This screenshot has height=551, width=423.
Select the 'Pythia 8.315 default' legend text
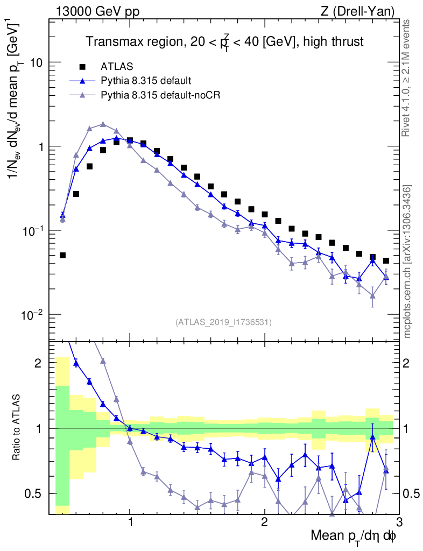[x=146, y=81]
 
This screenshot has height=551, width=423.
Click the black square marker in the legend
[x=82, y=67]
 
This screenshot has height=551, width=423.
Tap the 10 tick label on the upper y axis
[x=37, y=62]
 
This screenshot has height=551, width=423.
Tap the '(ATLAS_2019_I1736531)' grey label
[x=223, y=322]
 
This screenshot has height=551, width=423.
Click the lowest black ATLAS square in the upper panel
[x=62, y=255]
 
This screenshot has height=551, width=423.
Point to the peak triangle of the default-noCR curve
[x=103, y=124]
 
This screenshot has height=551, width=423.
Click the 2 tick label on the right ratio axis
[x=410, y=363]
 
